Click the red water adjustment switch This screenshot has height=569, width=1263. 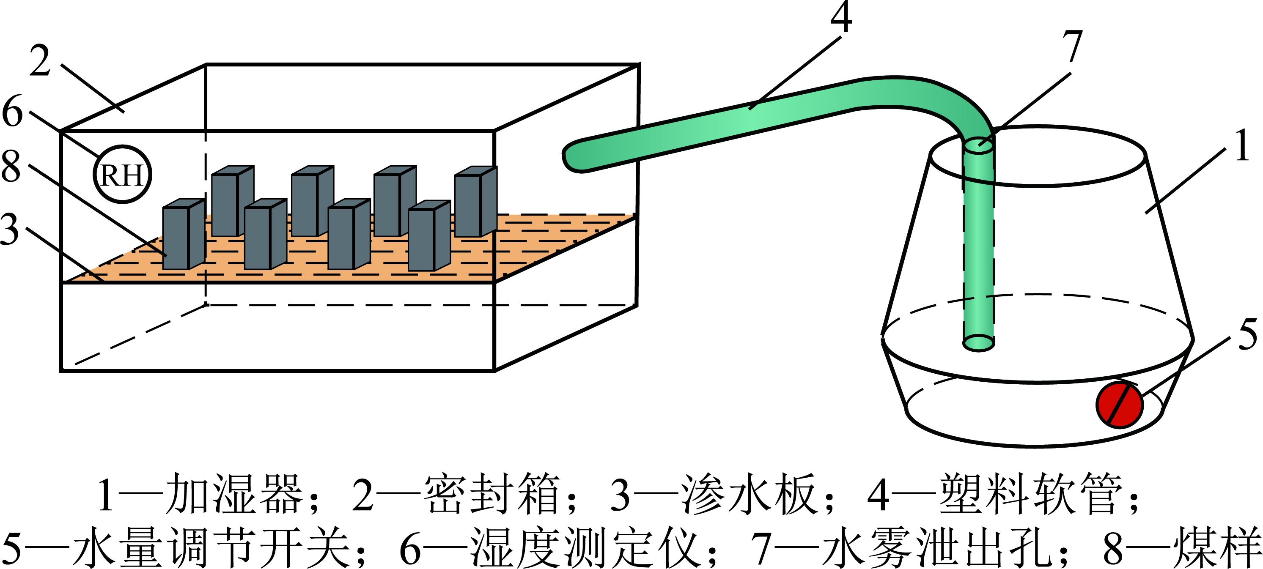point(1119,405)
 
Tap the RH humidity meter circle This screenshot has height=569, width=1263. point(122,175)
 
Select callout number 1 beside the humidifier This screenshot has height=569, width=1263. point(1242,145)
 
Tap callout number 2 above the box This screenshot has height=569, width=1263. point(40,61)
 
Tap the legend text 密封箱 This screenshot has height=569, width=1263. point(492,494)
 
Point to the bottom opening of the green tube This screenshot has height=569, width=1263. point(978,342)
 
